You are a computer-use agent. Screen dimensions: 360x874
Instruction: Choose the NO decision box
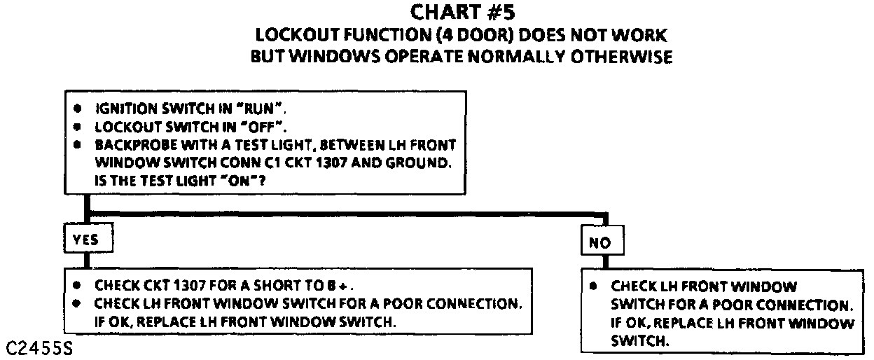[600, 242]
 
